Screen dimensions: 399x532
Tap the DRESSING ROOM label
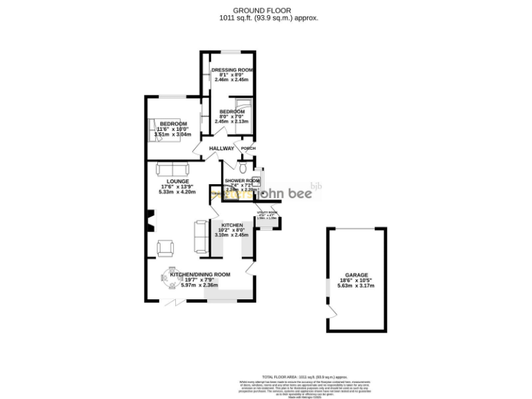coord(231,71)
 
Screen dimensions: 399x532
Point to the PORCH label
coord(247,148)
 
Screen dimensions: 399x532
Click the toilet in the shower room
coord(242,168)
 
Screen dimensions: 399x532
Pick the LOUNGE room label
coord(177,181)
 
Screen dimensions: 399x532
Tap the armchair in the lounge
coord(166,247)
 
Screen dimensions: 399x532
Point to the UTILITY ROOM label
coord(267,213)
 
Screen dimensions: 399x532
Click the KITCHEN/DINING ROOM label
coord(199,274)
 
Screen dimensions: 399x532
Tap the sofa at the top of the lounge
coord(171,168)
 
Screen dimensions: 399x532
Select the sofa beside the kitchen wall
coord(201,236)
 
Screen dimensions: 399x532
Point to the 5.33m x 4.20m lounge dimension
coord(177,192)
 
